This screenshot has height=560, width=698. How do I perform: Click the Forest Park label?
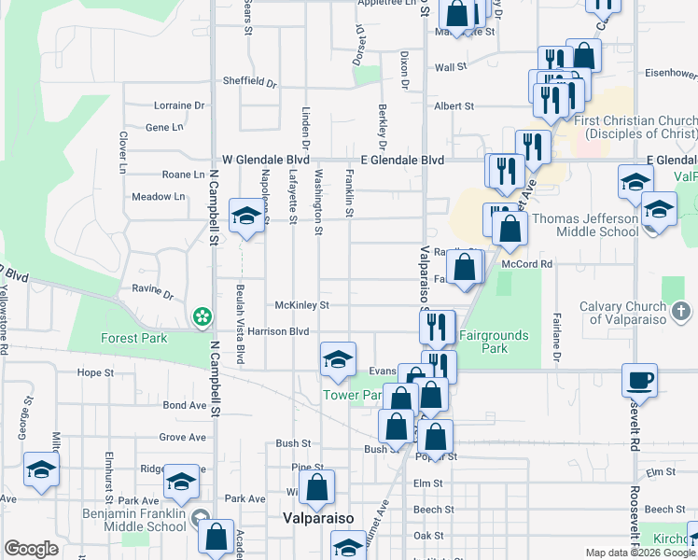(134, 339)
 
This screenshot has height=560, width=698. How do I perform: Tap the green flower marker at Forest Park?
(201, 319)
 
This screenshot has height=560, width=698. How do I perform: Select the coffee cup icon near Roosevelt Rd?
(640, 380)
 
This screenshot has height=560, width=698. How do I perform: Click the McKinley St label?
(302, 305)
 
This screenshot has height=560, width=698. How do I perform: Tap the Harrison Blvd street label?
(278, 331)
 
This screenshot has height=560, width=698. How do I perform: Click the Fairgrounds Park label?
(495, 342)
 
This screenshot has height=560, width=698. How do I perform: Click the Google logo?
(31, 549)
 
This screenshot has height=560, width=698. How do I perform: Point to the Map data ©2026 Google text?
(640, 553)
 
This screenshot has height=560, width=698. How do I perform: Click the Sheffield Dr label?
(250, 81)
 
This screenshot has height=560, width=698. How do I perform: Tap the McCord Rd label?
(527, 264)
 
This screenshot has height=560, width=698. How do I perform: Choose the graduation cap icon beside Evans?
(338, 357)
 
